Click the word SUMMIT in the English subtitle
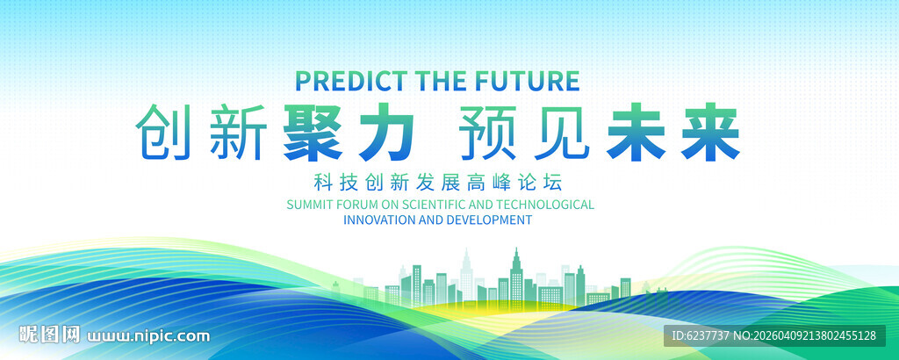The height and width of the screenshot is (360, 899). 308,205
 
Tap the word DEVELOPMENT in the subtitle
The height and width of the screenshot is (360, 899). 488,220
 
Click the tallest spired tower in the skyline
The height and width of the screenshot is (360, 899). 515,272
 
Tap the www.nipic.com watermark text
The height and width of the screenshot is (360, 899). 149,335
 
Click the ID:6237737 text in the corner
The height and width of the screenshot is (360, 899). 700,335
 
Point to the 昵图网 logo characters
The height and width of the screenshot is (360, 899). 50,335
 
